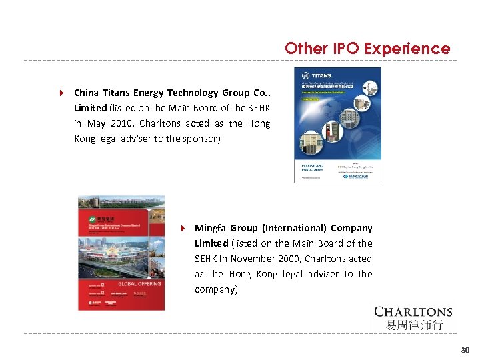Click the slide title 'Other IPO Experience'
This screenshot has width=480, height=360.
pyautogui.click(x=367, y=49)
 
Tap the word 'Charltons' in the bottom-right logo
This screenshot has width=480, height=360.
pyautogui.click(x=413, y=312)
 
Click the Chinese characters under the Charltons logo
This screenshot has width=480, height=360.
pyautogui.click(x=413, y=325)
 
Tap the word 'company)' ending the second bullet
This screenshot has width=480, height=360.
pyautogui.click(x=216, y=289)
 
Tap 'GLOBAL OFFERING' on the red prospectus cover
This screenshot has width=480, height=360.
pyautogui.click(x=139, y=283)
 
